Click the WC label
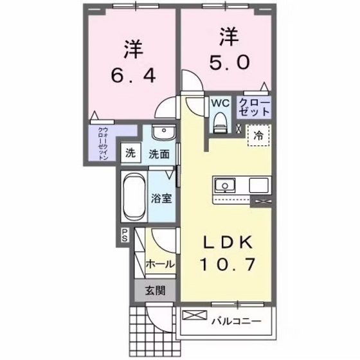pos(219,102)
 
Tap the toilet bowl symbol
pos(220,120)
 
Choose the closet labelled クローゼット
pos(254,107)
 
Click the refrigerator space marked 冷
pos(258,136)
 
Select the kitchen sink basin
pos(226,185)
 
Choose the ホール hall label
pos(158,264)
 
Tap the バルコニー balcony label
pos(239,319)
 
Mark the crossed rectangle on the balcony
pos(193,316)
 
